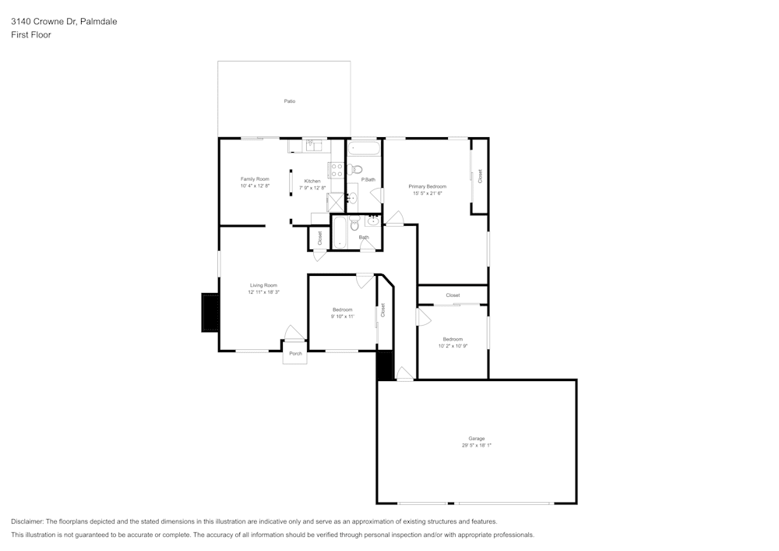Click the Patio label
click(289, 101)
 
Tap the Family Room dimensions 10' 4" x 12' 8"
click(255, 186)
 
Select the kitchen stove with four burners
click(336, 169)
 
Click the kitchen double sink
click(315, 144)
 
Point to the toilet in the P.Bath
click(357, 168)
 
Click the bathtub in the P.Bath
click(364, 148)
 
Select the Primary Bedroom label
click(428, 186)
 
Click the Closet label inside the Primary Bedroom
click(480, 176)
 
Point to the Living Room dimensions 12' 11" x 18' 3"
click(263, 292)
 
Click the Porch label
click(295, 354)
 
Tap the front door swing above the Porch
click(293, 333)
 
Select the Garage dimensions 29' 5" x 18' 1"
click(476, 446)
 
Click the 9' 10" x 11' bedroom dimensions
click(343, 316)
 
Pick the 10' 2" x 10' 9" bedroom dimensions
click(453, 346)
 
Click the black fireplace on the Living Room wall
click(210, 313)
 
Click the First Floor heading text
click(31, 35)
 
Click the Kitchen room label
click(312, 181)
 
